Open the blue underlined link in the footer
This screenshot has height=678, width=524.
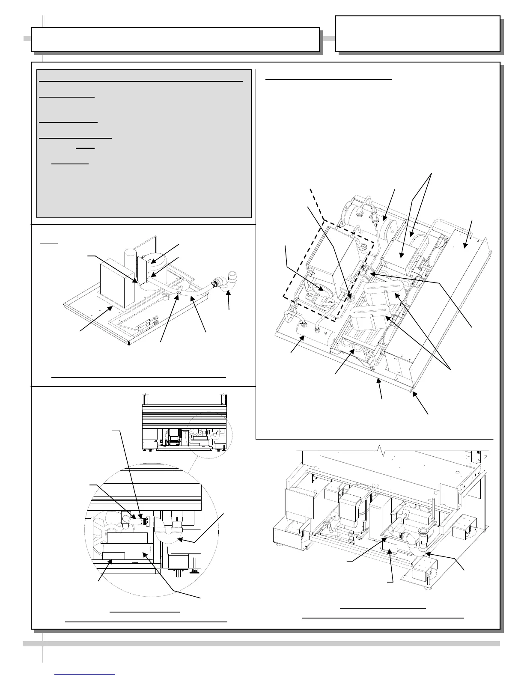tap(85, 674)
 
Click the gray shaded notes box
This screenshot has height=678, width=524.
tap(144, 143)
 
